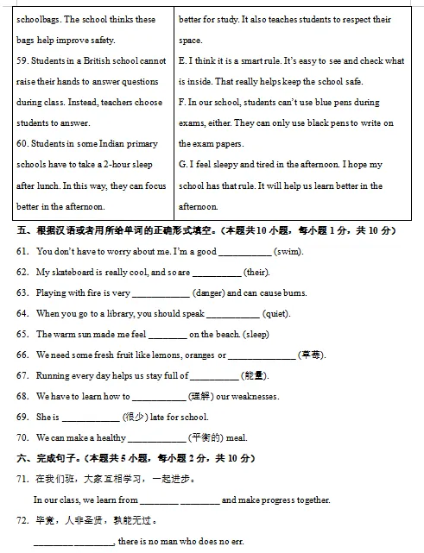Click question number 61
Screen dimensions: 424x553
[22, 251]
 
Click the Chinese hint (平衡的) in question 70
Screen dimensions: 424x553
[205, 437]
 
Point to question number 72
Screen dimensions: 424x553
[22, 520]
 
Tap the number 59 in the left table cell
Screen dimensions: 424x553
[22, 61]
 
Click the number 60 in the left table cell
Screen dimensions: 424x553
[22, 144]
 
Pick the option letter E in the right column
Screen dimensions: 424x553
[181, 61]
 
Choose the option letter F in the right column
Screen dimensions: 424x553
[181, 103]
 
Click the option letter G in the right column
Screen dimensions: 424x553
[182, 165]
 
